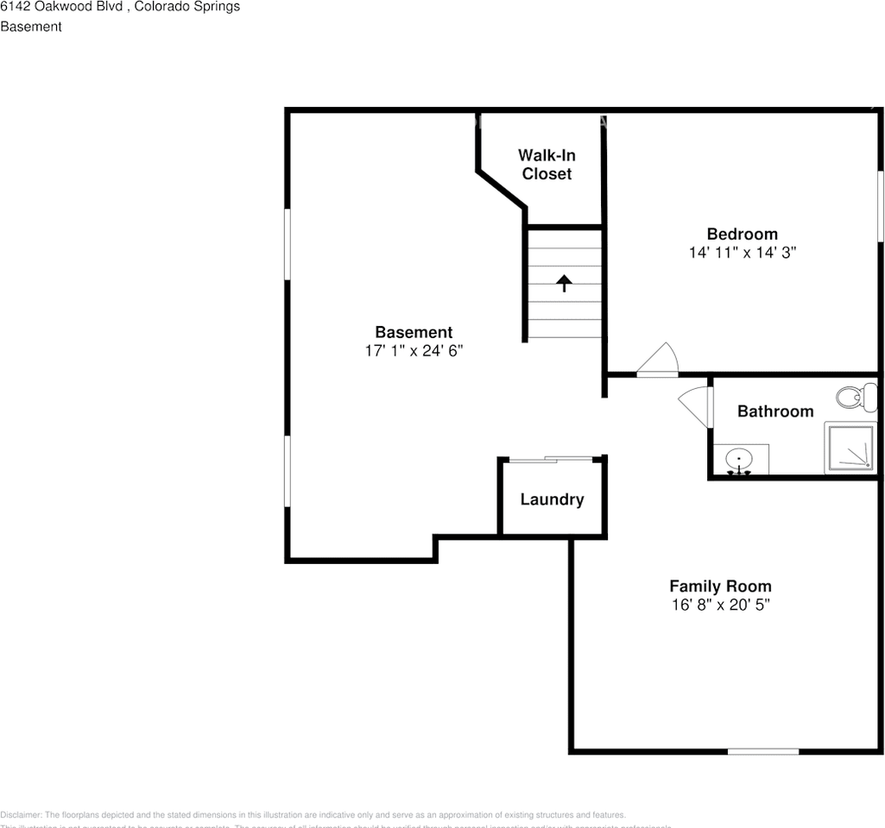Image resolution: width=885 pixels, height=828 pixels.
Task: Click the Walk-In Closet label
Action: (547, 165)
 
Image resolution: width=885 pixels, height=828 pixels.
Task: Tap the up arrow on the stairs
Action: (564, 283)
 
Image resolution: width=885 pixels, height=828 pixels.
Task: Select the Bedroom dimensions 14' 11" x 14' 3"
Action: (742, 253)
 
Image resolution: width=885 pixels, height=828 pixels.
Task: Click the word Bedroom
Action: (742, 234)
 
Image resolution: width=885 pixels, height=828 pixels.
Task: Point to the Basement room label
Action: (414, 332)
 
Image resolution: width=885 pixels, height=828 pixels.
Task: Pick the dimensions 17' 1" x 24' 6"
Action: (414, 351)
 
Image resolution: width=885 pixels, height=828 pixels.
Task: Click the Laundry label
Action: (552, 499)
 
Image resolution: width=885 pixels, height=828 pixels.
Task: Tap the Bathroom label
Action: (774, 411)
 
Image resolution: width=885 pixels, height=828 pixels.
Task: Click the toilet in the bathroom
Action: (850, 398)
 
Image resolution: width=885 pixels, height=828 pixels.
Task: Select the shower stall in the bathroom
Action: (850, 447)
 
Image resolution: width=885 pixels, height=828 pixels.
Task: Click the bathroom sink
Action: (739, 460)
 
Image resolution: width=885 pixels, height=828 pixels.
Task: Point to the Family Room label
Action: (720, 586)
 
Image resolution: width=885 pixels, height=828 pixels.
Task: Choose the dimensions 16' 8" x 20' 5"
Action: (720, 605)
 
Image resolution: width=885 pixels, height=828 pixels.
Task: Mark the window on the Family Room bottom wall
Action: (763, 751)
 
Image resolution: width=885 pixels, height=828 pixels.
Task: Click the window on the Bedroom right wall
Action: (880, 207)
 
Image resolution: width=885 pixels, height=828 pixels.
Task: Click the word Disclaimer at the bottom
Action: (21, 815)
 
